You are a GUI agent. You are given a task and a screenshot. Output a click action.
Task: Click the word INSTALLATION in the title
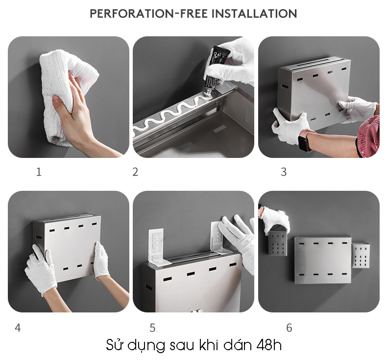(x=254, y=13)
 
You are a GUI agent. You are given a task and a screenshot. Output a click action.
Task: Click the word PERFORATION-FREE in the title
(x=148, y=13)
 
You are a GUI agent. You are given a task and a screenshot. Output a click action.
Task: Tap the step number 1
(x=39, y=172)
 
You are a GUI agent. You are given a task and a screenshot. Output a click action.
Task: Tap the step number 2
(x=135, y=172)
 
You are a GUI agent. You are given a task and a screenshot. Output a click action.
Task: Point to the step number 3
(x=284, y=172)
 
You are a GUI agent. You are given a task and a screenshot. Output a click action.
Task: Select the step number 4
(x=18, y=328)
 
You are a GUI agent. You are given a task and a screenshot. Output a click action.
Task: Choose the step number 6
(x=289, y=328)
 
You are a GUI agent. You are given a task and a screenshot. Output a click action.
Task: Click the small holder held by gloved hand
(x=278, y=243)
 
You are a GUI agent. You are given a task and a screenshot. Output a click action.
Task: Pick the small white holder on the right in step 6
(x=361, y=255)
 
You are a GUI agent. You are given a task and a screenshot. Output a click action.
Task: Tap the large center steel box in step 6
(x=323, y=260)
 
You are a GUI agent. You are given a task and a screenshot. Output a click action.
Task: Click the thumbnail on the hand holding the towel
(x=56, y=100)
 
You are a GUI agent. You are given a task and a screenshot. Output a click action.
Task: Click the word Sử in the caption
(x=115, y=345)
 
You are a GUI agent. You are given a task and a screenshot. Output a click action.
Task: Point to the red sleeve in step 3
(x=369, y=137)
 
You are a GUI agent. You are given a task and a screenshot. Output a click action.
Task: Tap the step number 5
(x=153, y=328)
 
